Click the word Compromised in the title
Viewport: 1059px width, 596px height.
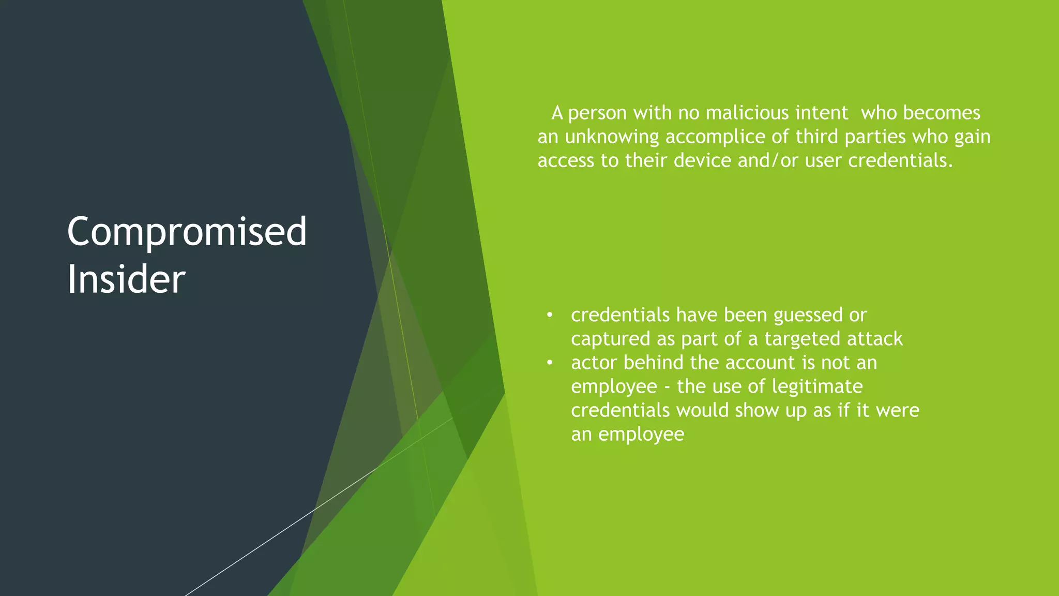point(187,232)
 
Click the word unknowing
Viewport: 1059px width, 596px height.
point(612,137)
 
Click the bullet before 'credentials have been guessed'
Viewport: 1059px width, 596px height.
point(550,315)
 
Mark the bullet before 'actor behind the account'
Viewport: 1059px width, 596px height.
point(550,363)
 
